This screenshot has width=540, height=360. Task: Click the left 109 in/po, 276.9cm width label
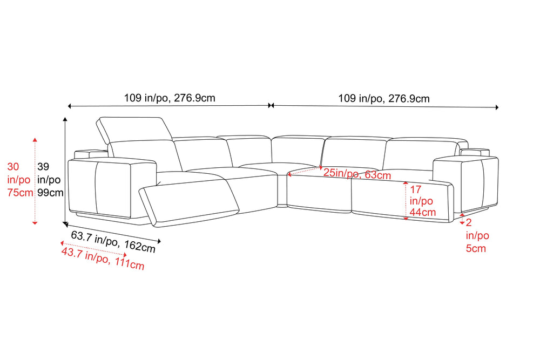170,98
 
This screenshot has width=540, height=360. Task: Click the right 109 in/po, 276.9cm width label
383,99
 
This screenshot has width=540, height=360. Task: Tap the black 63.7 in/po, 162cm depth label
113,242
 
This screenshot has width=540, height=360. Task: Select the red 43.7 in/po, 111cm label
103,259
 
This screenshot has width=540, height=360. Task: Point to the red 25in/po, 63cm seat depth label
357,174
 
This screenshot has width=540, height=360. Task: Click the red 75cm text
20,193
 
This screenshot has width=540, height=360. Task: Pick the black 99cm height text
50,193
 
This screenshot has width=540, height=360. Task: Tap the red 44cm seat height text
423,212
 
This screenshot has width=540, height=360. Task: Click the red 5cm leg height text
476,248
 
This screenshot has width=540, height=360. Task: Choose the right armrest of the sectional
465,184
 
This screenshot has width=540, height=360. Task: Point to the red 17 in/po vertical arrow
406,201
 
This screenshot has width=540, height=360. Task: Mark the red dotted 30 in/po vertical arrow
35,181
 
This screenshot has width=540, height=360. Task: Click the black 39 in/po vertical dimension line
65,172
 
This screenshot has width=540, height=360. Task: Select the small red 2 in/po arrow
462,219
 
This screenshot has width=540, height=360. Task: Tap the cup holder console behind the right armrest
475,152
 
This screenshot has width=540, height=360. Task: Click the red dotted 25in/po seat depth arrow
305,171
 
